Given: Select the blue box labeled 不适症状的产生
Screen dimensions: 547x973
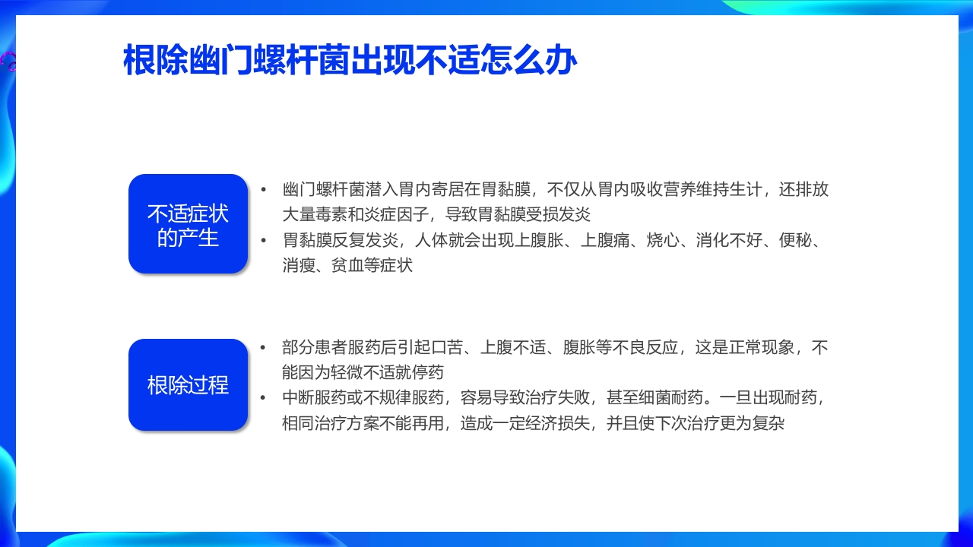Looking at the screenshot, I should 188,224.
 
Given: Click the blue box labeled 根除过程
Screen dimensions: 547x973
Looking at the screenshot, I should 188,385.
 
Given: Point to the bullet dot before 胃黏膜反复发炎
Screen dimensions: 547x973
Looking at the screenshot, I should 264,240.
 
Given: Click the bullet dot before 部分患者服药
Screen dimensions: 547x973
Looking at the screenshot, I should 264,348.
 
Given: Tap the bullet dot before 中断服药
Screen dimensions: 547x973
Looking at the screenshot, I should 264,397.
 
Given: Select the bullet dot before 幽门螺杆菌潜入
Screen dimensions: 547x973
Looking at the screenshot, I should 264,190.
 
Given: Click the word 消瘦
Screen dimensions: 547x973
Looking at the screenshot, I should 298,265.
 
